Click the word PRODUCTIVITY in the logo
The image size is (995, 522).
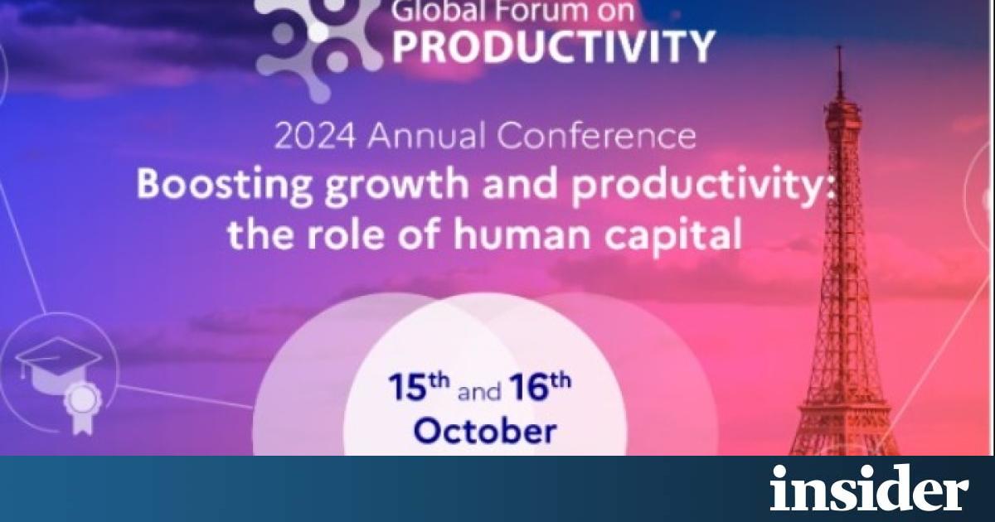(554, 46)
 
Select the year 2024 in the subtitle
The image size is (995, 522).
(315, 136)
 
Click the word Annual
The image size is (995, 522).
(426, 136)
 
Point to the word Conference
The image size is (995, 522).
(596, 136)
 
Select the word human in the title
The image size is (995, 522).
(522, 234)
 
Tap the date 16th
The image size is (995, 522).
(540, 387)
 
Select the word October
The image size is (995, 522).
(485, 431)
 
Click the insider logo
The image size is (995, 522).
(869, 488)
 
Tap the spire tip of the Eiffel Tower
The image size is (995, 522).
(838, 46)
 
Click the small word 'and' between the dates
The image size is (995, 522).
(479, 393)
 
